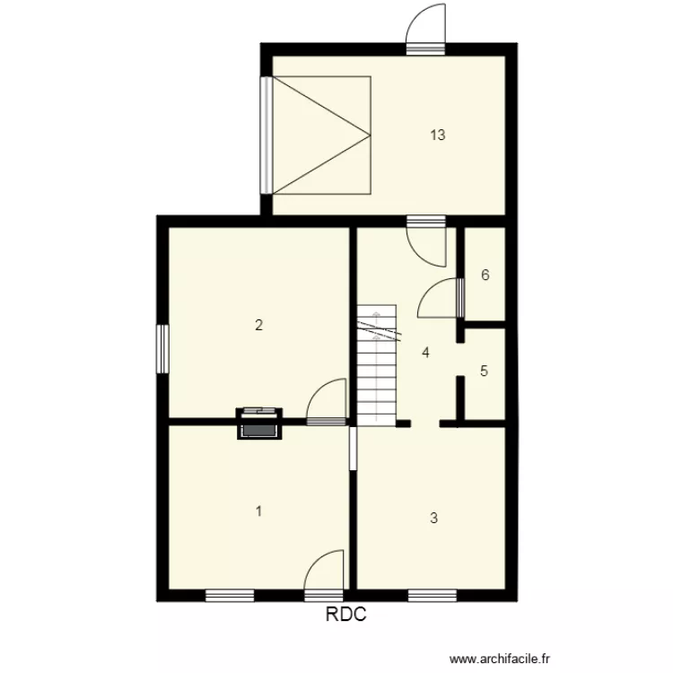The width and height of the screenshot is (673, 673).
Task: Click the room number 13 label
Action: coord(438,135)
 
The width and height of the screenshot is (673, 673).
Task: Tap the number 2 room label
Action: coord(258,325)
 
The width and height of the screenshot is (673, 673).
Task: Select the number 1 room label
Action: coord(258,511)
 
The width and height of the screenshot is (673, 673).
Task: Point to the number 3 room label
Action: coord(433,518)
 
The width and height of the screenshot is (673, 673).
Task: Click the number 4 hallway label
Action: coord(426,353)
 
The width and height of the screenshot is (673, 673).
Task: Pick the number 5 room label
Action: coord(485,371)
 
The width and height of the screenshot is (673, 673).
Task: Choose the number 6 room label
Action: coord(485,275)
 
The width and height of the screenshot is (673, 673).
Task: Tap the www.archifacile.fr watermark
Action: coord(499,659)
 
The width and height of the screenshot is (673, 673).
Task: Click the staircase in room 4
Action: coord(376,366)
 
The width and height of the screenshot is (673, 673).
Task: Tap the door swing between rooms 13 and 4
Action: coord(426,243)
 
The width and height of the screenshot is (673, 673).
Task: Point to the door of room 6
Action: coord(441,298)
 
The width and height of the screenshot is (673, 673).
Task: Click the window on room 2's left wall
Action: coord(163,348)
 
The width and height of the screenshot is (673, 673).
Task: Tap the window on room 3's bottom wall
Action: coord(433,593)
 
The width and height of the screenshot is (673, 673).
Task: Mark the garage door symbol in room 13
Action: coord(321,135)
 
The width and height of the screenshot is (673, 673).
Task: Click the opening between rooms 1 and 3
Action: coord(354,447)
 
